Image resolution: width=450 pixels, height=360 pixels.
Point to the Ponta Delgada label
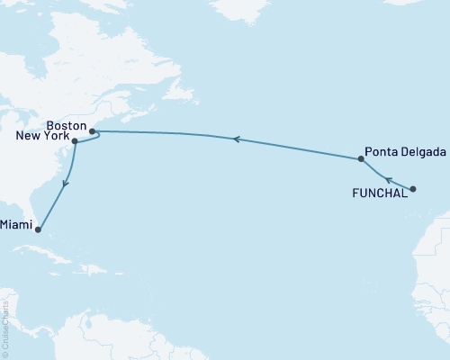[x=405, y=152]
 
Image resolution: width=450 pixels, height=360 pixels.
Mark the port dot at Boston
[x=93, y=131]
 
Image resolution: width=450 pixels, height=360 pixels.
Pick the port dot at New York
[x=75, y=142]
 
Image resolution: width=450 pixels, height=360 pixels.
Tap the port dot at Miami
[x=38, y=229]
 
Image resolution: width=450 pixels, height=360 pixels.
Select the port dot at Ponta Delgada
[x=361, y=159]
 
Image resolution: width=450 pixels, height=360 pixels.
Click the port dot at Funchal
[x=413, y=189]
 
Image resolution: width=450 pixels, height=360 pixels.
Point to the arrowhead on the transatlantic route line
[x=236, y=139]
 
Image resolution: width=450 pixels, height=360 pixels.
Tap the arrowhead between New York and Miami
[x=64, y=185]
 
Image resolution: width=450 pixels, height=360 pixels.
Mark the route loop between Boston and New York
[x=94, y=139]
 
